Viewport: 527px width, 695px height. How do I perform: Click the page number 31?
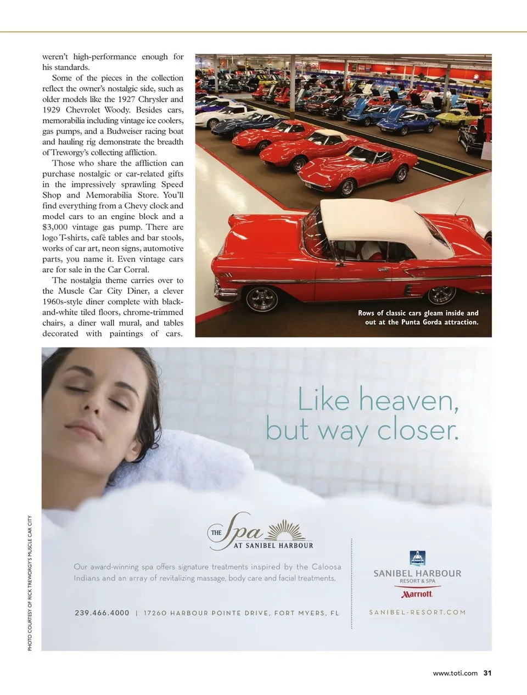[487, 673]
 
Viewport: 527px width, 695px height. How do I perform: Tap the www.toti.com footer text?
[455, 674]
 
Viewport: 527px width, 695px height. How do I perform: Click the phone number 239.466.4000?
[102, 613]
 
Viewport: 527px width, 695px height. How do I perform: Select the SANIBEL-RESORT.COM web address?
[417, 612]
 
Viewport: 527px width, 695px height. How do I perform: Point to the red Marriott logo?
[417, 593]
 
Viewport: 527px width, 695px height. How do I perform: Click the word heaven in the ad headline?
[409, 400]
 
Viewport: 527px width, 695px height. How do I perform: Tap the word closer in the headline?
[417, 430]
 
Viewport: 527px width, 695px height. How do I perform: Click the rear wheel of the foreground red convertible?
[262, 299]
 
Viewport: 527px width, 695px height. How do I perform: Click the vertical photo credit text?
[30, 583]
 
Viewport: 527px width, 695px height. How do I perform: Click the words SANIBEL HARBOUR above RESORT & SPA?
[417, 573]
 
